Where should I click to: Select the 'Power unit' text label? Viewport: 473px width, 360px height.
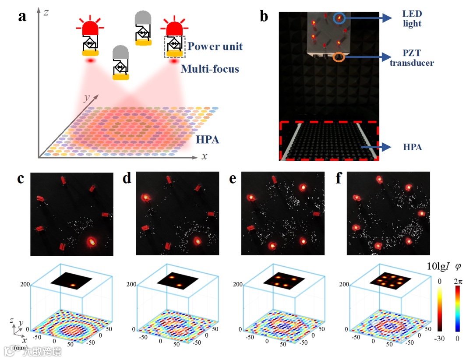(x=215, y=46)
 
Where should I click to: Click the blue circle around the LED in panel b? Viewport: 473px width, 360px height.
(x=339, y=18)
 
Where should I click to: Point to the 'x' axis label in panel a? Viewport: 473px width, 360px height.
(x=204, y=156)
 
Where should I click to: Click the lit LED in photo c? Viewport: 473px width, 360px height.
(x=91, y=240)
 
